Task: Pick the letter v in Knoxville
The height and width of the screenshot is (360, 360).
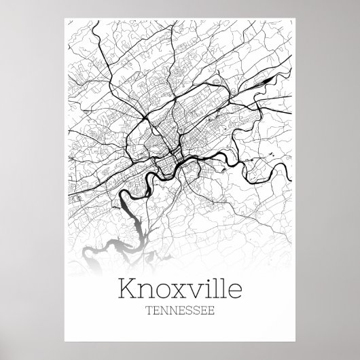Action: point(191,293)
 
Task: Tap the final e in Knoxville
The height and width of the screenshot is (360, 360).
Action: point(231,293)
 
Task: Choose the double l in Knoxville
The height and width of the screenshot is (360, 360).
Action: point(215,290)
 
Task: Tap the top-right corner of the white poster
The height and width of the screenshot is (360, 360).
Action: point(296,16)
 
